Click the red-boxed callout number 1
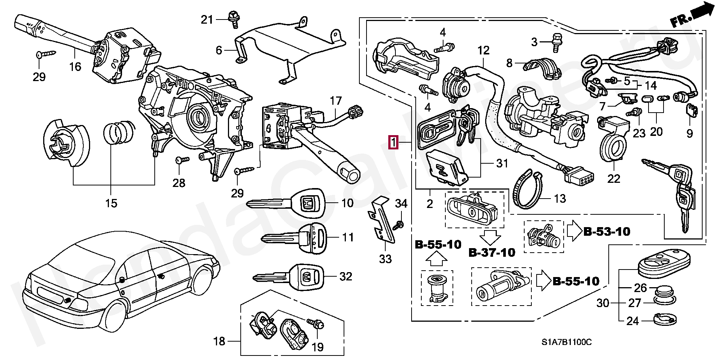tap(393, 143)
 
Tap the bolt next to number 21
tap(233, 19)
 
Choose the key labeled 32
tap(288, 277)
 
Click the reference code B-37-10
tap(492, 253)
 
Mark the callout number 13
tap(560, 198)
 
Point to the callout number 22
tap(614, 179)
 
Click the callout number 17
tap(336, 101)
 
